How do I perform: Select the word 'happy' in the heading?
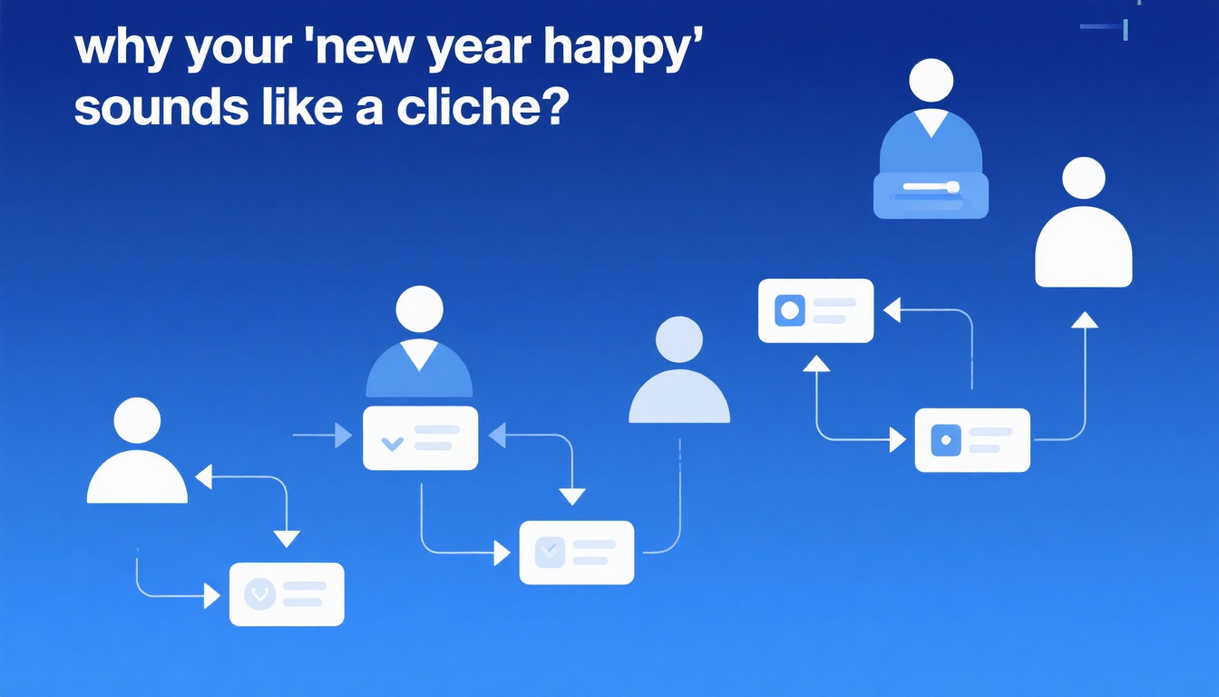click(x=624, y=50)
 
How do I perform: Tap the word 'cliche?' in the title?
click(x=483, y=105)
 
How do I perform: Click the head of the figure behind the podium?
click(x=931, y=81)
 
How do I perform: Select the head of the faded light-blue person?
click(x=679, y=339)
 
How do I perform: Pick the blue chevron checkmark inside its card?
click(x=393, y=443)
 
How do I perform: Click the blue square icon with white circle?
click(x=790, y=310)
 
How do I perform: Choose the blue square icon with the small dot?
click(x=946, y=440)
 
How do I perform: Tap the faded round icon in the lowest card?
click(x=259, y=594)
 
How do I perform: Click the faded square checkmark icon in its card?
click(x=550, y=552)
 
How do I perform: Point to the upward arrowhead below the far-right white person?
click(x=1085, y=319)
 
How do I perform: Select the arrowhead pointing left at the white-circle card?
click(x=892, y=309)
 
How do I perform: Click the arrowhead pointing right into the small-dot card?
click(x=898, y=439)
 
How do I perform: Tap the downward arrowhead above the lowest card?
click(x=287, y=538)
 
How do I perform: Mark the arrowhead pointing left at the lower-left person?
click(x=203, y=477)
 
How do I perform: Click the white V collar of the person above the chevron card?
click(x=420, y=354)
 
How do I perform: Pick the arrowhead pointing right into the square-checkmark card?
click(x=502, y=553)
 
